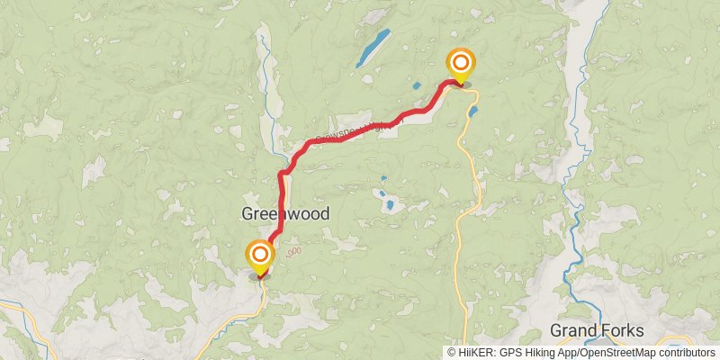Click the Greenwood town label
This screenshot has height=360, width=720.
click(284, 214)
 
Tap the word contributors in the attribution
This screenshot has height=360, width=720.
click(685, 353)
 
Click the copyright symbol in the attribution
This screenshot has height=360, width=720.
click(452, 353)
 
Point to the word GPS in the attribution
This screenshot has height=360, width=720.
click(509, 353)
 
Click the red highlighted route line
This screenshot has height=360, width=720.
click(351, 134)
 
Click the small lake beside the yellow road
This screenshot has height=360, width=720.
click(472, 112)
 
